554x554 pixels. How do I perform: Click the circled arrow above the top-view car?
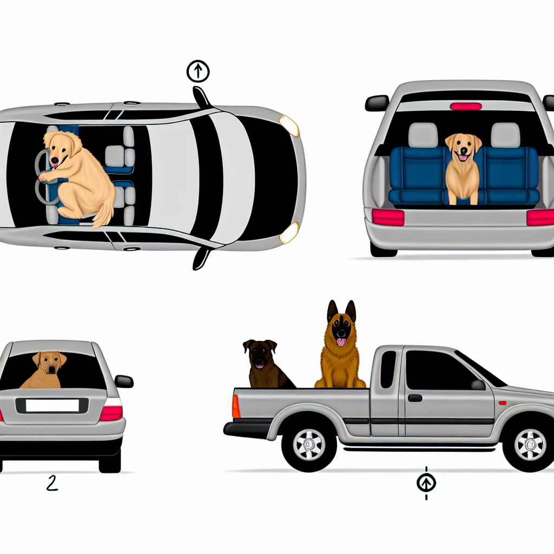pyautogui.click(x=197, y=71)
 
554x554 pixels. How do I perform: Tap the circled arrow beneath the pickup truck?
pyautogui.click(x=426, y=482)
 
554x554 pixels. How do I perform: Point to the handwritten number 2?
pyautogui.click(x=51, y=483)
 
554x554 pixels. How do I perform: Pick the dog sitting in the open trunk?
pyautogui.click(x=463, y=168)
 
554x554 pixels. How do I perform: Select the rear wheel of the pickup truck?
pyautogui.click(x=309, y=444)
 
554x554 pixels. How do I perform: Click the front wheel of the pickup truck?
pyautogui.click(x=530, y=444)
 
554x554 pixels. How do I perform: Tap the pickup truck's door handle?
pyautogui.click(x=415, y=398)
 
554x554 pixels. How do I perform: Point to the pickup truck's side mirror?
pyautogui.click(x=478, y=385)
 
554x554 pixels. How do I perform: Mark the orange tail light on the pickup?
pyautogui.click(x=236, y=406)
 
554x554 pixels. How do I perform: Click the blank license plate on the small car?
pyautogui.click(x=52, y=405)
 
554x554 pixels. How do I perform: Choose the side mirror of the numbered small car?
pyautogui.click(x=124, y=381)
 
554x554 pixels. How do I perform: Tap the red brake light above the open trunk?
pyautogui.click(x=465, y=106)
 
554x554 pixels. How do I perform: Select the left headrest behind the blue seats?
pyautogui.click(x=423, y=135)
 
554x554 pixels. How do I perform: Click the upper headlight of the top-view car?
pyautogui.click(x=289, y=126)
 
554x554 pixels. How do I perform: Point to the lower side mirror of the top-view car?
pyautogui.click(x=201, y=258)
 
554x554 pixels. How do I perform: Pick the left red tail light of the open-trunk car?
pyautogui.click(x=388, y=217)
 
